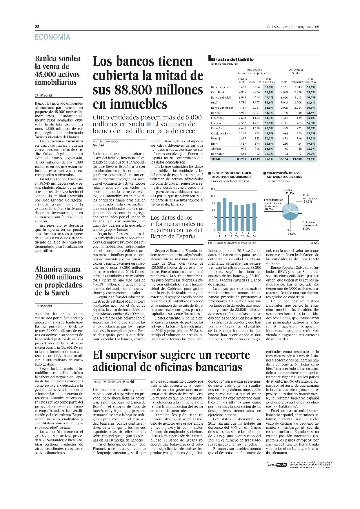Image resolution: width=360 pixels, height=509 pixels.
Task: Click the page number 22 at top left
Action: point(37,27)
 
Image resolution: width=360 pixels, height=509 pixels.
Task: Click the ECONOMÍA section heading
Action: point(52,37)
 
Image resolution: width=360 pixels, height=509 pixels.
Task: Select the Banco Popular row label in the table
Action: point(220,87)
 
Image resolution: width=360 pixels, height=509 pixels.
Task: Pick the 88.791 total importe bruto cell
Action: point(241,159)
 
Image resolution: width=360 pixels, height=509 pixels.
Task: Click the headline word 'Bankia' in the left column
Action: point(46,59)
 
